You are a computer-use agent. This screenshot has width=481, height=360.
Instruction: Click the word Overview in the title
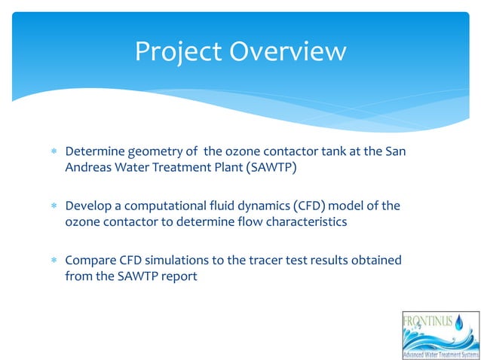(x=288, y=51)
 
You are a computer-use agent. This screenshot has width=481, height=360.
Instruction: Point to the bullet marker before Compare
(x=54, y=261)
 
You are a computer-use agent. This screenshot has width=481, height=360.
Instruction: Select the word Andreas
(x=88, y=167)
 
